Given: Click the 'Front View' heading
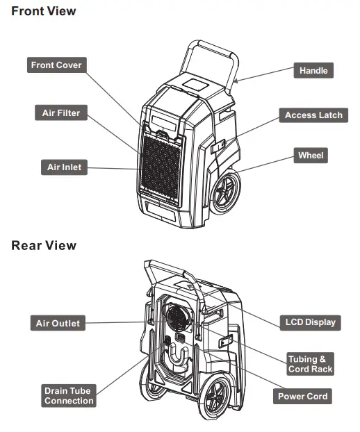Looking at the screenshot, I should (x=44, y=11).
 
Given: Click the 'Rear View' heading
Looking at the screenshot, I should (x=44, y=246).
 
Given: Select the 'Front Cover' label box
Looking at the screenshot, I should (x=56, y=65).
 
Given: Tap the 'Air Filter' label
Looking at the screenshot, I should (x=61, y=113).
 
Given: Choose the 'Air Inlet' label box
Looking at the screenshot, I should (x=64, y=167).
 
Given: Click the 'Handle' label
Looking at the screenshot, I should (x=313, y=71).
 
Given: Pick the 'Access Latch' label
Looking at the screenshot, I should (x=313, y=115).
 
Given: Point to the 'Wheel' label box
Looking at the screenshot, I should (x=311, y=156).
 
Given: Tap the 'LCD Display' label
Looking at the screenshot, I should (x=310, y=322).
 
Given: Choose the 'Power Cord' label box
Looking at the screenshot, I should (x=302, y=397).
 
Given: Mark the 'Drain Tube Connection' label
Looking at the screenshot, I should (x=68, y=396).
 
